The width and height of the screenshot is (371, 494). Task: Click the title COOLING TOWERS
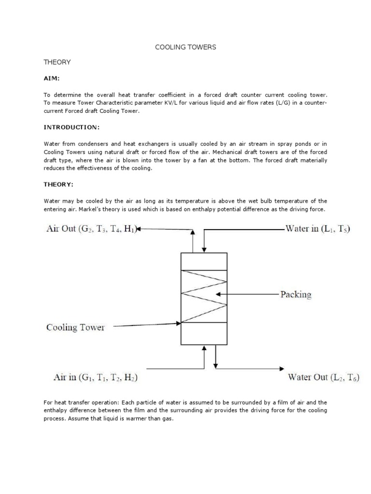(x=185, y=47)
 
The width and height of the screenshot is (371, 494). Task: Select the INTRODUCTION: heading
(x=71, y=127)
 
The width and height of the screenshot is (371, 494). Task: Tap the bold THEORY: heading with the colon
(x=58, y=184)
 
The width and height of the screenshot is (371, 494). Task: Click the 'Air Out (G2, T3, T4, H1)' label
(x=92, y=229)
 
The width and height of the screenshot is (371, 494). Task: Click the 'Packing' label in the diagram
(x=296, y=294)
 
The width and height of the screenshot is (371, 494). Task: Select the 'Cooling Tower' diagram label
(x=75, y=327)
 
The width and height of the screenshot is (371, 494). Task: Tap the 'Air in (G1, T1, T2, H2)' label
(x=95, y=378)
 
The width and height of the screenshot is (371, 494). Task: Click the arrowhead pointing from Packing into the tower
(x=219, y=294)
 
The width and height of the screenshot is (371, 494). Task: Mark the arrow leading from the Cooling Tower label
(x=145, y=325)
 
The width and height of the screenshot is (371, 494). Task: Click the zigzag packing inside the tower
(x=203, y=296)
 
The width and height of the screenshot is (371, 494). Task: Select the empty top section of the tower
(x=203, y=261)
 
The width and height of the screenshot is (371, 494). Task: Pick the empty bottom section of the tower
(x=203, y=333)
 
